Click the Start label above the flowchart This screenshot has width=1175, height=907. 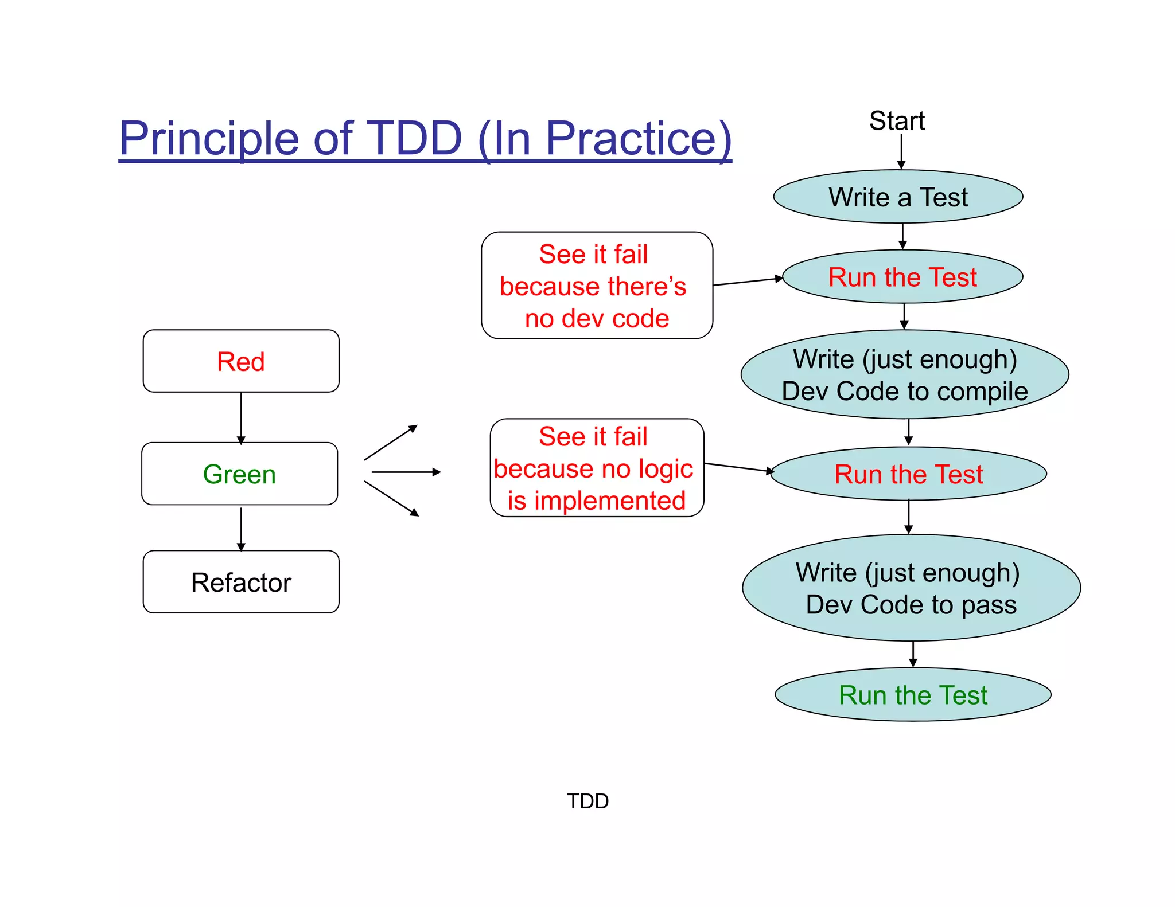tap(897, 121)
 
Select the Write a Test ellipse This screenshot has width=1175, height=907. tap(898, 197)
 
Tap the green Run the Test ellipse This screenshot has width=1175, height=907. tap(913, 695)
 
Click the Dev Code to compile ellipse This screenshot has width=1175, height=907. tap(905, 375)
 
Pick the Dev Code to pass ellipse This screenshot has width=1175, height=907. tap(911, 588)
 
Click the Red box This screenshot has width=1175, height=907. tap(241, 361)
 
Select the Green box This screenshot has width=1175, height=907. tap(240, 474)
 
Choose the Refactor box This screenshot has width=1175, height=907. tap(241, 582)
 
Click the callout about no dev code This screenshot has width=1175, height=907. tap(597, 286)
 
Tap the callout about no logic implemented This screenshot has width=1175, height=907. tap(597, 468)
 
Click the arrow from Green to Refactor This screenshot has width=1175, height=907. tap(241, 528)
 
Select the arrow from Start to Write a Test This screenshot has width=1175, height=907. tap(901, 151)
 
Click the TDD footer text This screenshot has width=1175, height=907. tap(587, 801)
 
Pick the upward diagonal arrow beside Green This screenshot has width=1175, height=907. tap(390, 443)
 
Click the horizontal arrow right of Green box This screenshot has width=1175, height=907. tap(406, 472)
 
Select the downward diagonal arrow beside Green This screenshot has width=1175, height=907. tap(391, 498)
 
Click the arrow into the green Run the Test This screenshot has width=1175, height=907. tap(913, 654)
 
